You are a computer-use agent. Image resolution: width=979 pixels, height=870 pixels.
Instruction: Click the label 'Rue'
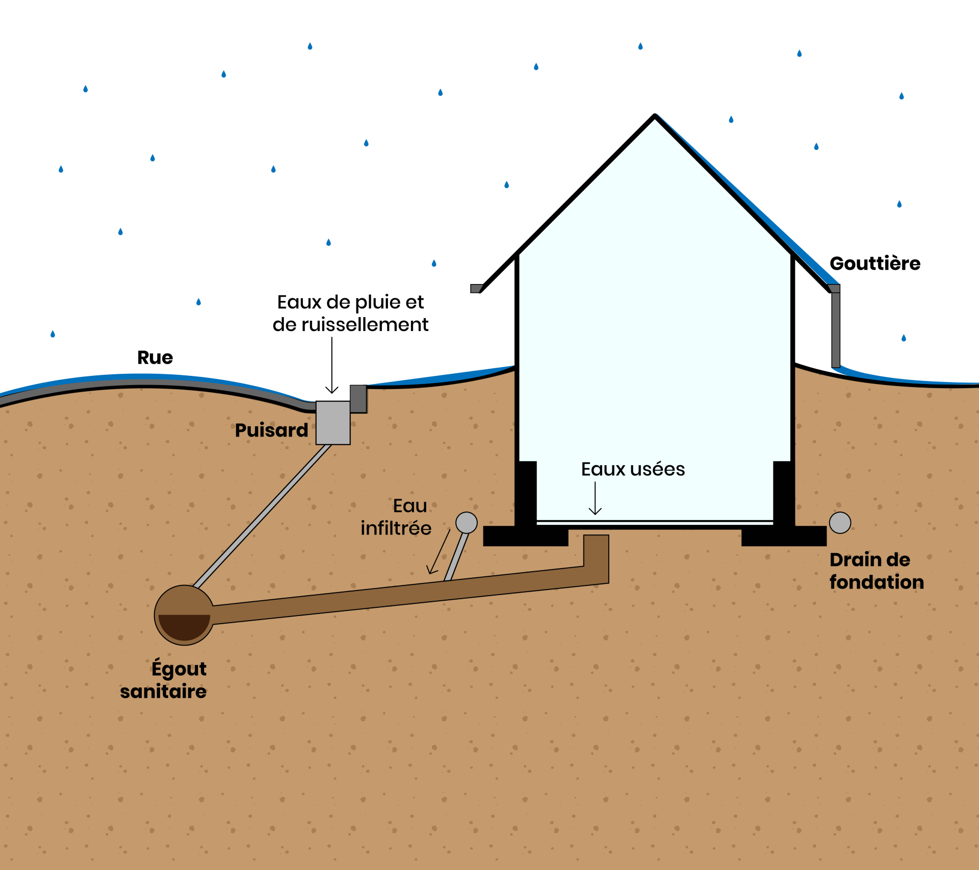(155, 357)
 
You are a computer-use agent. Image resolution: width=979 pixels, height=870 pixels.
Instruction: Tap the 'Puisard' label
(271, 430)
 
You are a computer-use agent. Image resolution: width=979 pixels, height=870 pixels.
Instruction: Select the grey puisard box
(333, 423)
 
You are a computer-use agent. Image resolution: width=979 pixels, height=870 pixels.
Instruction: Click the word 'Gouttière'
(875, 263)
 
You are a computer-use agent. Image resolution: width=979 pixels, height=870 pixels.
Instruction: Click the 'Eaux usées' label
(633, 469)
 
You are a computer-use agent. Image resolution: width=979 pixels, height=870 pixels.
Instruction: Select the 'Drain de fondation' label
(876, 571)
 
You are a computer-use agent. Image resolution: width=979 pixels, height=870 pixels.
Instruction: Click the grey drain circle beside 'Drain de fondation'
(840, 523)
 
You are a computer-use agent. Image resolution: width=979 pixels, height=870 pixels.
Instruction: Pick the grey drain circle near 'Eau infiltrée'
(466, 523)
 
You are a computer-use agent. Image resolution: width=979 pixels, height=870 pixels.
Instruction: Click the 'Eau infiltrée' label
(396, 517)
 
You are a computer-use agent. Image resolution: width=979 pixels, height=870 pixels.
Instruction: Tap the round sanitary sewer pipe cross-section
(184, 615)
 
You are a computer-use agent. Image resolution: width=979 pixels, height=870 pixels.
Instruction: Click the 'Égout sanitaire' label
(164, 680)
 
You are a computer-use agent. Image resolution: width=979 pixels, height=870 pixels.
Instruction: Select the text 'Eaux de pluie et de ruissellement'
(350, 313)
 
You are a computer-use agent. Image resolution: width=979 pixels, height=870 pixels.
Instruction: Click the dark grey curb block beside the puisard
(358, 399)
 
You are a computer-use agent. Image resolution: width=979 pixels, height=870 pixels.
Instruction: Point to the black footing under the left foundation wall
(525, 536)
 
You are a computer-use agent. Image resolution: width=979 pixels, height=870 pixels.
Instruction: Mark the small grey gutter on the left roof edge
(476, 289)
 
